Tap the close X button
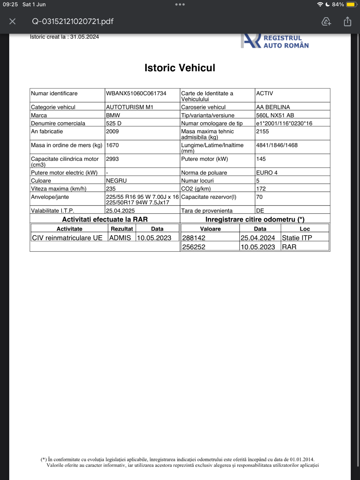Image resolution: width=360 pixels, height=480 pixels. [x=12, y=21]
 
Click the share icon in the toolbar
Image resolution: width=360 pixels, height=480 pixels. [x=347, y=21]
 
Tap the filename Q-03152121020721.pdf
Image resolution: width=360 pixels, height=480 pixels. [x=73, y=21]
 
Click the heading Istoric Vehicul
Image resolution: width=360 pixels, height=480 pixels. [x=180, y=68]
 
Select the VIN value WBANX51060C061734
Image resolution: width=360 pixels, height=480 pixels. [x=136, y=93]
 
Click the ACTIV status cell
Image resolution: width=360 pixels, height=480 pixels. [x=264, y=93]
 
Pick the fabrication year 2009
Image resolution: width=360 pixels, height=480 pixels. [x=112, y=131]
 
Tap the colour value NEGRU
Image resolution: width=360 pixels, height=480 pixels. [x=116, y=180]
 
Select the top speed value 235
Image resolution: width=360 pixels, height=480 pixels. [x=111, y=189]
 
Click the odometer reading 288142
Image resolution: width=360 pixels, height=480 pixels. [x=194, y=238]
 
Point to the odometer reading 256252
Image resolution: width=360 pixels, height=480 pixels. [x=194, y=247]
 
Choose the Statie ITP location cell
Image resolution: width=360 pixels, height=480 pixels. [x=297, y=238]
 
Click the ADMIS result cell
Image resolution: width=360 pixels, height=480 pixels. [x=120, y=238]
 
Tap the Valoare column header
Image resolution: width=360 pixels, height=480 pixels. [x=210, y=229]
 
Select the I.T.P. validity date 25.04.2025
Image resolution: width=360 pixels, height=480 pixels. [x=120, y=210]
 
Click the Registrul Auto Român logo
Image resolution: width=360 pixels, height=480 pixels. [x=275, y=41]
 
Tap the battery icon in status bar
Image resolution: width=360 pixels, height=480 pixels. [x=351, y=4]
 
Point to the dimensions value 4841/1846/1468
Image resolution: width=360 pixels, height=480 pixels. [x=277, y=145]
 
